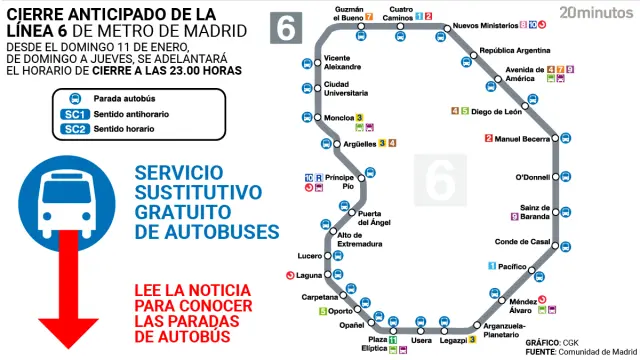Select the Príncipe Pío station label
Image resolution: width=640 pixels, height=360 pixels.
(340, 181)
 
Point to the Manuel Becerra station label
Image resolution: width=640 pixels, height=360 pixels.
(520, 139)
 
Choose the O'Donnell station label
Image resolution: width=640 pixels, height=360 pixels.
(532, 177)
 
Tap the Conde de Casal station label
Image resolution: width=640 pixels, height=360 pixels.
(522, 242)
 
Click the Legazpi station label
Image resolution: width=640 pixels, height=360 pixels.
(451, 340)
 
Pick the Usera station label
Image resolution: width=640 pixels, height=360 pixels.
(421, 340)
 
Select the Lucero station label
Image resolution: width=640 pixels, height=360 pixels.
(310, 255)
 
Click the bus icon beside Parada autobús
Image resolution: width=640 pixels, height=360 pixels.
(73, 99)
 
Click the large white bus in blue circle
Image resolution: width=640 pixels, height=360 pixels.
(63, 198)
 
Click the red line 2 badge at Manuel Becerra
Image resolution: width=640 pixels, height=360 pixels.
(489, 139)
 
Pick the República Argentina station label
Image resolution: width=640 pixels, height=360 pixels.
(516, 50)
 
